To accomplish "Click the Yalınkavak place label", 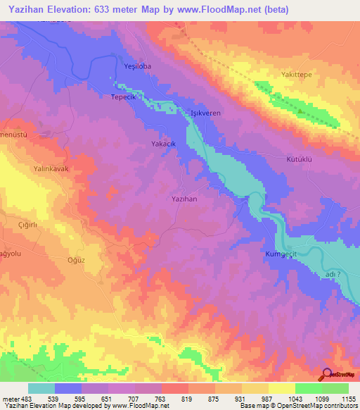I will [x=52, y=169].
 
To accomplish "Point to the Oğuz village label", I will [x=75, y=259].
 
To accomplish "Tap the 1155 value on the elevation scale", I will [x=347, y=399].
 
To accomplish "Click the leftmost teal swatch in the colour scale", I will [x=41, y=388].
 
